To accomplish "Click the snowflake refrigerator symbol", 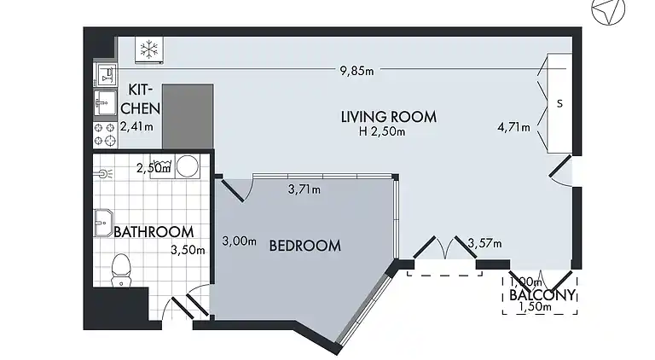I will [149, 50].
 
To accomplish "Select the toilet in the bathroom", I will [121, 269].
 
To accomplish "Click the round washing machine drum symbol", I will [187, 166].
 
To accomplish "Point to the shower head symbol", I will [105, 172].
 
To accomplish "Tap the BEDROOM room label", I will [304, 246].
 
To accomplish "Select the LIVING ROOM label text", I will [388, 117].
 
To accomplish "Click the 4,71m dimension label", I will [513, 128].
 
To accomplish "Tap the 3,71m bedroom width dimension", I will [304, 189].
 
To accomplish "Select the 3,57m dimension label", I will [484, 244].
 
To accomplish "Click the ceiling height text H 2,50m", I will [383, 131].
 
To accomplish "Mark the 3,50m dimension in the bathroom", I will [188, 250].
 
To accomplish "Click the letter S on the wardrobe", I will [559, 103].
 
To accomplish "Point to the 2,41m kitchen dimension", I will [136, 127].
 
